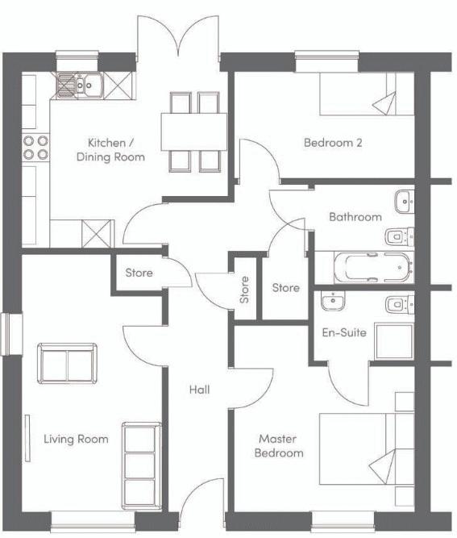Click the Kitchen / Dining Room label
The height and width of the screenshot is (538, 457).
110,149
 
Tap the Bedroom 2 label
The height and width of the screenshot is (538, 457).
333,143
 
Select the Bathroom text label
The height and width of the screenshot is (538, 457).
355,217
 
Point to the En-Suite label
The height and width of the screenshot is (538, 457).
344,332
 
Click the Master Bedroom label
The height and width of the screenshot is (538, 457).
279,446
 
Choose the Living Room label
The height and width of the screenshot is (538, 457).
76,439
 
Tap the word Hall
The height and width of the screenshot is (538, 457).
200,390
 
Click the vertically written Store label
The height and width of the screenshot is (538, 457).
244,290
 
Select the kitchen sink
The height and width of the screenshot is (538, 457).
80,85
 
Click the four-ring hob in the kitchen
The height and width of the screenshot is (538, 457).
35,148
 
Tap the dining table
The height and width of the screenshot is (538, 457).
194,131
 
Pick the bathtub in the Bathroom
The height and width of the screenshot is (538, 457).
374,267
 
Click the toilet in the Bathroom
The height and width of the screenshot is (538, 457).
400,236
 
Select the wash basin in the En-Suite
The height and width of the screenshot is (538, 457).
333,301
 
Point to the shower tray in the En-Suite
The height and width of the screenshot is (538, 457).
395,340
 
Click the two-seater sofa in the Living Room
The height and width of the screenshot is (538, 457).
67,363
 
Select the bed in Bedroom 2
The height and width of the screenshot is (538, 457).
367,94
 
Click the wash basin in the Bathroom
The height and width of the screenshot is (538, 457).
405,202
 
